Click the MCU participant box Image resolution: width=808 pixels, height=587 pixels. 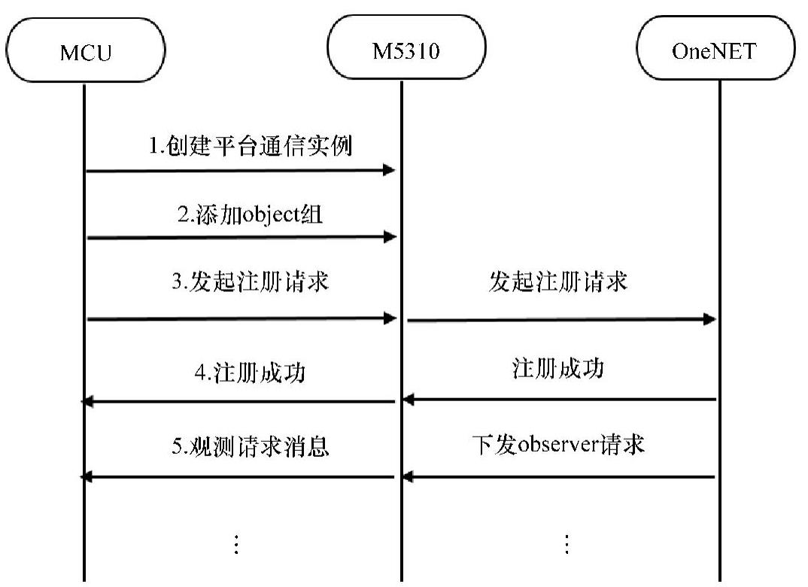point(84,51)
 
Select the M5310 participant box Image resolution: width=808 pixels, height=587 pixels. point(406,51)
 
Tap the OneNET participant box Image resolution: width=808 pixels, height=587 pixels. point(715,51)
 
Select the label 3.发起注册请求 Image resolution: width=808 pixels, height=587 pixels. point(250,284)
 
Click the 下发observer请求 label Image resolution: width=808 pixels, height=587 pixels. point(558,445)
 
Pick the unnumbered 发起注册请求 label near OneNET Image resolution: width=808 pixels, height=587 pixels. point(557,284)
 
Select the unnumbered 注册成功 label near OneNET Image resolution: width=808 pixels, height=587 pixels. point(557,370)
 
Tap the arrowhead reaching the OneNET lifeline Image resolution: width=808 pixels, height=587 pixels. point(709,320)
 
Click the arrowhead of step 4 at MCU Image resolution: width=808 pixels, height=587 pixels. point(87,403)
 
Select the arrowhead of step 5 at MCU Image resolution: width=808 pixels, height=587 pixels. point(87,477)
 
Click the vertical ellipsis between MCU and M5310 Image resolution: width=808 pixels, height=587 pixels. point(235,543)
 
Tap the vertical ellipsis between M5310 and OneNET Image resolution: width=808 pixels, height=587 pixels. point(567,543)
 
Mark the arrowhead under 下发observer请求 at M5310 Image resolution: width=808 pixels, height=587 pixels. point(407,477)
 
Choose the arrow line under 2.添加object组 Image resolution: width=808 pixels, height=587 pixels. point(241,238)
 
